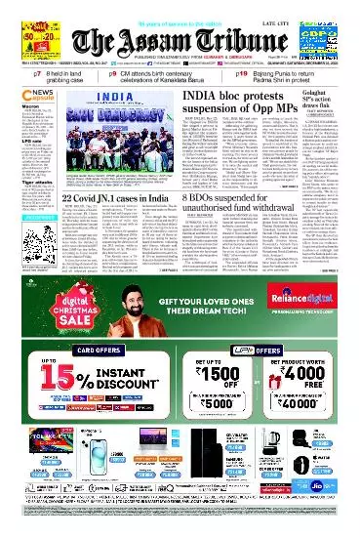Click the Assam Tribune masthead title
click(180, 33)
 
